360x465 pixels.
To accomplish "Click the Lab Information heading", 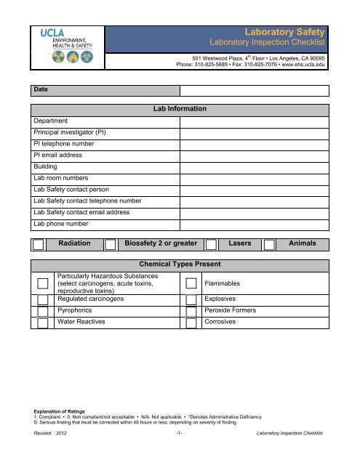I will (180, 108).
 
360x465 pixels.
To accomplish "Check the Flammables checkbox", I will (191, 284).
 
